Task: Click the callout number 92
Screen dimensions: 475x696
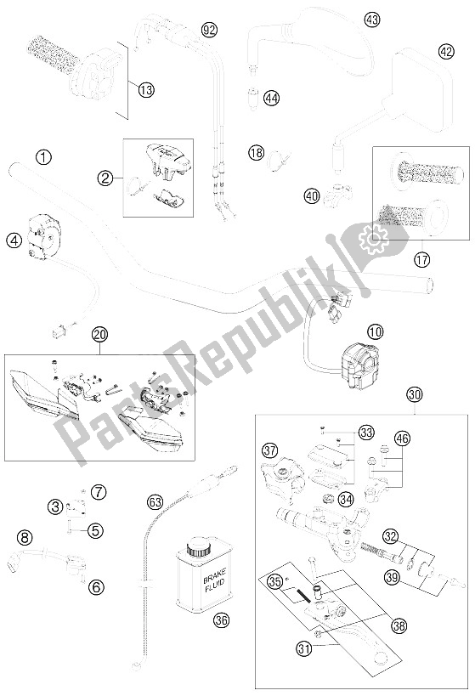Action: tap(210, 30)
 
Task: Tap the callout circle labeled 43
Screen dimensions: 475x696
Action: tap(372, 20)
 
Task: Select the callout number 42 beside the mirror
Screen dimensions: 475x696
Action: tap(446, 52)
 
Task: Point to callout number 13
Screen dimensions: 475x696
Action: tap(145, 90)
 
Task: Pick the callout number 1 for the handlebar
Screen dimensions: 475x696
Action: tap(44, 157)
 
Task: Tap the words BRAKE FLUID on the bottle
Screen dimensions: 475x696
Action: tap(214, 580)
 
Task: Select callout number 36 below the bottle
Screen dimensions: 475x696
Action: tap(222, 620)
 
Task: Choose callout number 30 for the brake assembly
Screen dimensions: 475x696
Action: tap(414, 394)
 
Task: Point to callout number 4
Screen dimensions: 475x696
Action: tap(14, 240)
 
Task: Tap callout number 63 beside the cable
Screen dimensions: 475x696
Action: tap(156, 503)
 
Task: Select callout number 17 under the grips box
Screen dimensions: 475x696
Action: tap(422, 259)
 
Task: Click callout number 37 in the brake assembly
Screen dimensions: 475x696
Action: tap(269, 450)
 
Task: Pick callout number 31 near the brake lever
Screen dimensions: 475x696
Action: tap(304, 649)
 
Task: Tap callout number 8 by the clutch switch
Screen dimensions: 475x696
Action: tap(25, 539)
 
